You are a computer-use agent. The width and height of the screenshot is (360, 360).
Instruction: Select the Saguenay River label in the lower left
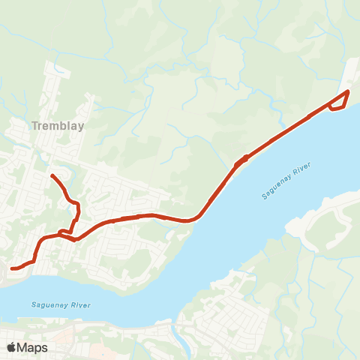tap(61, 304)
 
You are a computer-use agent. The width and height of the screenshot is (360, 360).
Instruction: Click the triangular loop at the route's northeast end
tap(339, 101)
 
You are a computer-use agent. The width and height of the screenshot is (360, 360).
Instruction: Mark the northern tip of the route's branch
tap(52, 175)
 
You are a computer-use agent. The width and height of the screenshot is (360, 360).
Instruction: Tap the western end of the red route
tap(12, 268)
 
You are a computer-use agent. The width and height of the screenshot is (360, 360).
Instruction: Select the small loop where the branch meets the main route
tap(62, 232)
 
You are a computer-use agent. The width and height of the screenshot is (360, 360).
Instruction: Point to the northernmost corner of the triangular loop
tap(348, 91)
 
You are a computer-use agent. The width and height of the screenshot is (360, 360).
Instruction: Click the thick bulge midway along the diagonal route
tap(241, 160)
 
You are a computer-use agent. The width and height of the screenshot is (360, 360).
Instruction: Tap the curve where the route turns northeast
tap(196, 218)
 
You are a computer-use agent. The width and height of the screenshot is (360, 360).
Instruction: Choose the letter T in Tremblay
tap(35, 126)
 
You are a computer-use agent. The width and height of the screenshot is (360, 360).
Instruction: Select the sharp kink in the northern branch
tap(77, 207)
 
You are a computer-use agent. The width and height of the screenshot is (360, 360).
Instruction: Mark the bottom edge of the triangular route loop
tap(337, 109)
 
